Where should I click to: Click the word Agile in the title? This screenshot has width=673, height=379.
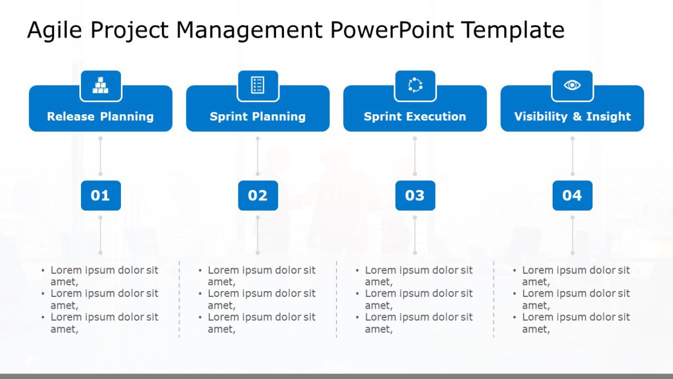pyautogui.click(x=52, y=30)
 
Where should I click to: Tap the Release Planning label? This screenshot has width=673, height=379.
pyautogui.click(x=100, y=116)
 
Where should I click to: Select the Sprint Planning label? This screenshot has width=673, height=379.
pyautogui.click(x=258, y=116)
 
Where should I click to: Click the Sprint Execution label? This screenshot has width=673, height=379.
pyautogui.click(x=415, y=116)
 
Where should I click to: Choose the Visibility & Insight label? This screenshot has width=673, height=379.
pyautogui.click(x=573, y=116)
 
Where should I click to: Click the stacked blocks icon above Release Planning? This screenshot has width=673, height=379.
pyautogui.click(x=100, y=86)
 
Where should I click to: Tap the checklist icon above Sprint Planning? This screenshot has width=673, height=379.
pyautogui.click(x=258, y=86)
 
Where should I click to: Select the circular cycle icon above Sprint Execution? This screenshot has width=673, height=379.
pyautogui.click(x=415, y=86)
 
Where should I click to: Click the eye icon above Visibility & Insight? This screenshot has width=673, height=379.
pyautogui.click(x=572, y=86)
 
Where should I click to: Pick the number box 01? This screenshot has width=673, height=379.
pyautogui.click(x=100, y=196)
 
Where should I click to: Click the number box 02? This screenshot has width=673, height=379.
pyautogui.click(x=258, y=196)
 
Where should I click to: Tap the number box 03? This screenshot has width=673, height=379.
pyautogui.click(x=415, y=196)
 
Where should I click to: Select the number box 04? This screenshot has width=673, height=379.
pyautogui.click(x=572, y=196)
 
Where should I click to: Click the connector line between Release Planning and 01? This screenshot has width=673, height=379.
pyautogui.click(x=100, y=156)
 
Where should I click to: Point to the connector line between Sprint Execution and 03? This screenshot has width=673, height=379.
pyautogui.click(x=415, y=156)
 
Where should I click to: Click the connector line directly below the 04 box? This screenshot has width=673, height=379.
pyautogui.click(x=573, y=235)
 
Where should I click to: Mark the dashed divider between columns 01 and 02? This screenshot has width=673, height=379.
pyautogui.click(x=179, y=299)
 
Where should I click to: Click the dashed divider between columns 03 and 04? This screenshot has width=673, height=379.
pyautogui.click(x=494, y=299)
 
